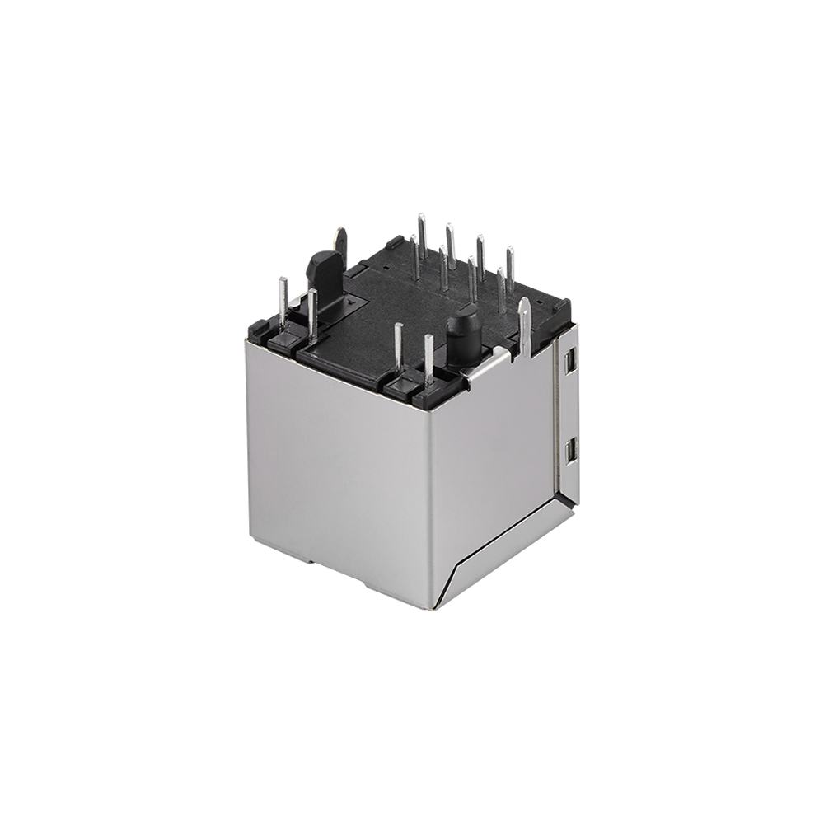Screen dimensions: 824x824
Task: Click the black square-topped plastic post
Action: pos(322,268)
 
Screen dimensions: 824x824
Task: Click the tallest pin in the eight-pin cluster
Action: pos(422,243)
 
